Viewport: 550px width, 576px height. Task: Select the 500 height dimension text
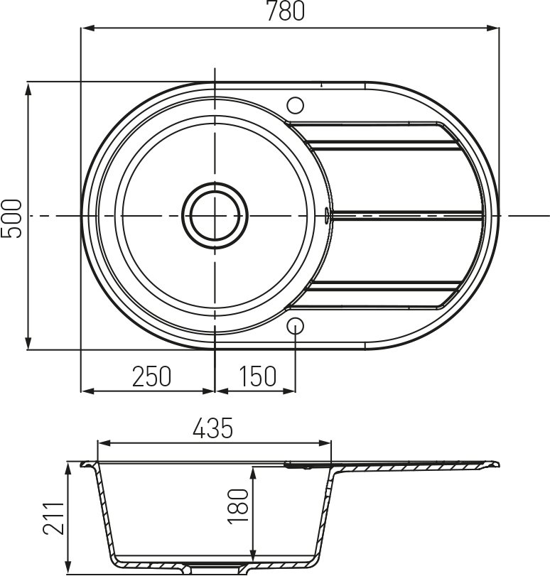click(x=12, y=217)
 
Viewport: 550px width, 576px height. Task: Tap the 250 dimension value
click(x=151, y=376)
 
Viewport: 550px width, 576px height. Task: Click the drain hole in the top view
click(x=215, y=215)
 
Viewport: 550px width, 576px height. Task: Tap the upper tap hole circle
click(x=296, y=104)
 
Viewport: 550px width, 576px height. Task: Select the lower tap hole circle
click(x=296, y=325)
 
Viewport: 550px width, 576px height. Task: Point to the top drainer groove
click(x=384, y=146)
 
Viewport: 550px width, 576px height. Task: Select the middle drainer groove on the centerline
click(x=405, y=213)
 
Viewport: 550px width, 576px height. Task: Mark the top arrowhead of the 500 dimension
click(x=28, y=87)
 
